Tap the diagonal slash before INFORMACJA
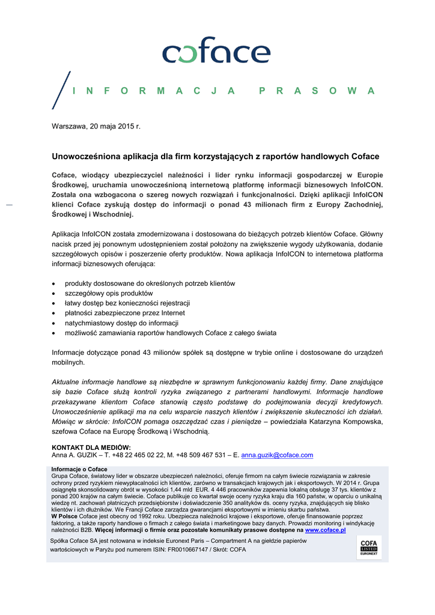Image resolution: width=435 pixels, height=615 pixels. point(61,90)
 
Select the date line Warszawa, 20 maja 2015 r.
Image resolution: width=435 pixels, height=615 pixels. point(96,127)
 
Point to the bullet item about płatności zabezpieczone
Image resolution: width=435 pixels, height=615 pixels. point(125,313)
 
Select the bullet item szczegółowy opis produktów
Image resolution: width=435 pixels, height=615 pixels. point(109,293)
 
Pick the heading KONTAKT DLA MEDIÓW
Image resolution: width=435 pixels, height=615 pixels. point(91,447)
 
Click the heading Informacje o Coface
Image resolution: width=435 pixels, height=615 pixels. point(79,469)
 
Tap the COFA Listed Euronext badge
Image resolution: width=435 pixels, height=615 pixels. point(368,548)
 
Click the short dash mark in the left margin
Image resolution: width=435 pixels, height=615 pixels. point(8,205)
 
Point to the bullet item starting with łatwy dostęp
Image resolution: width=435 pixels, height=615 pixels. point(127,303)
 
